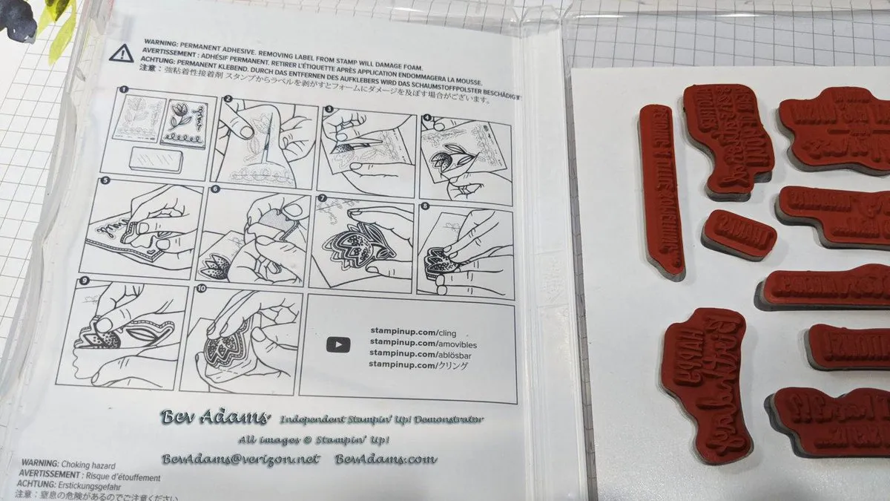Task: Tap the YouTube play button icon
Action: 338,344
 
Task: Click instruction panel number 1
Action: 158,131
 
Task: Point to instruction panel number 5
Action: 141,230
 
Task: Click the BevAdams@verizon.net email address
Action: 240,459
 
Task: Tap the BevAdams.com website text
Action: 386,459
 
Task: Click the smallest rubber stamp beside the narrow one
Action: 738,232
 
